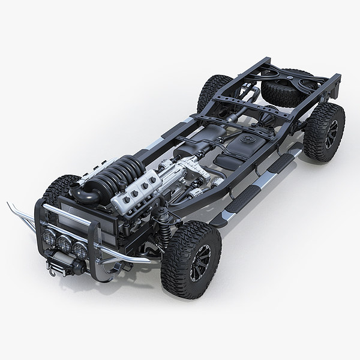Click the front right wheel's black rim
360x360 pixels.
click(200, 262)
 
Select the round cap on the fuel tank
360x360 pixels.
click(246, 139)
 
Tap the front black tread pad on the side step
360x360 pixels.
click(237, 201)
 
